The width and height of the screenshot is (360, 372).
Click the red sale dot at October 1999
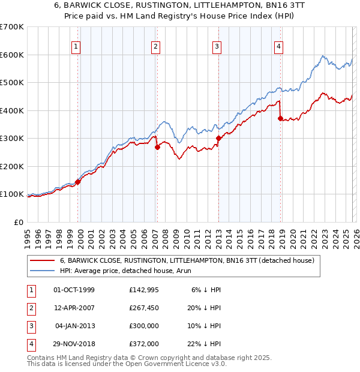[78, 182]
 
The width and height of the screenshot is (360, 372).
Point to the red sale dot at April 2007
[157, 147]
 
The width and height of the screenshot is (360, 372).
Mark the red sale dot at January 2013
[218, 138]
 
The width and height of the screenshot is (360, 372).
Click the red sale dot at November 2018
[281, 118]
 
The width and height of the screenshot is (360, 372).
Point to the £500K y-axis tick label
[12, 83]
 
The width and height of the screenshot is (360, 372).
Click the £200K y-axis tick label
[12, 166]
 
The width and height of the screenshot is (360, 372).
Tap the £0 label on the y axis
[18, 222]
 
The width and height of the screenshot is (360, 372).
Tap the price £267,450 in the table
[143, 308]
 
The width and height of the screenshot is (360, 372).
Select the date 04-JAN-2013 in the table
[74, 326]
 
